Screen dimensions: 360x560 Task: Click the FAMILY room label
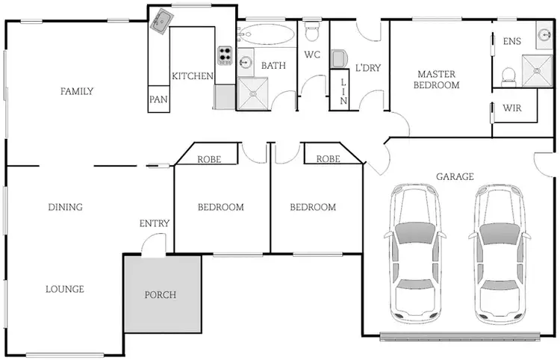tap(77, 92)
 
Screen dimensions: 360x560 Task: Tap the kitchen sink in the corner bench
tap(161, 22)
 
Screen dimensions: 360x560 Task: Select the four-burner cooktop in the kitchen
tap(225, 55)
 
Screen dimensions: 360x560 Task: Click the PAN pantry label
tap(158, 99)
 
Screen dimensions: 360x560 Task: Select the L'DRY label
tap(367, 68)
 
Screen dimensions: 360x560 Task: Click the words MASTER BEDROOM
tap(438, 79)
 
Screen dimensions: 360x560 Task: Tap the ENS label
tap(512, 41)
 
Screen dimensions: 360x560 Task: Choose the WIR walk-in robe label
tap(511, 108)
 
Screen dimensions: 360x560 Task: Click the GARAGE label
tap(455, 177)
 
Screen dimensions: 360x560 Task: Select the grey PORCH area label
tap(161, 294)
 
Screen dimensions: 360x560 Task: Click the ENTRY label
tap(155, 223)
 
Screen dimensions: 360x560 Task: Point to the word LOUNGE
tap(64, 289)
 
